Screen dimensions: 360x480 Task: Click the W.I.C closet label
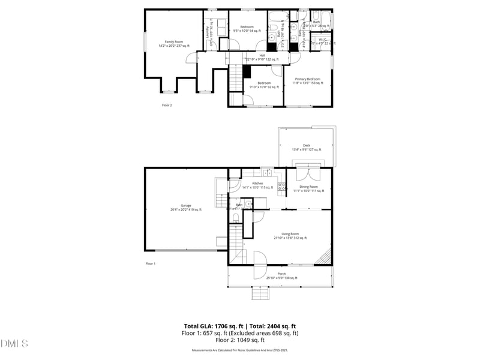click(322, 40)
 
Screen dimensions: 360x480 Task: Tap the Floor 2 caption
click(167, 105)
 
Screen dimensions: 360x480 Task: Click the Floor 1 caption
click(150, 264)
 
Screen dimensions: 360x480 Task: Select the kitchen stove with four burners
click(280, 186)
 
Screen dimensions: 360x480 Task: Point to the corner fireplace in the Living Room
click(324, 257)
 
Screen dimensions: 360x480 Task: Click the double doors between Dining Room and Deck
click(310, 174)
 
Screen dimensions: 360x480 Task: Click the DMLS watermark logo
click(14, 344)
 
